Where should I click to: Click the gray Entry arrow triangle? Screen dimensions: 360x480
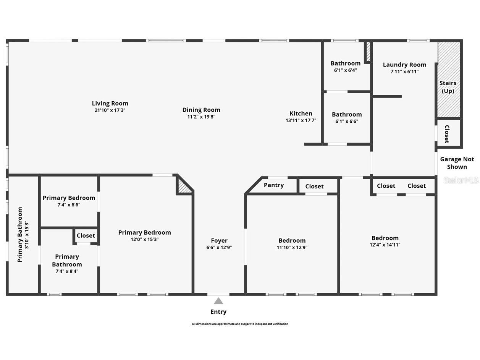pos(218,301)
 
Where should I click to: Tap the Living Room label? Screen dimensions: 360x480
pos(110,103)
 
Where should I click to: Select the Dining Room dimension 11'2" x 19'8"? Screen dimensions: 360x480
pos(201,117)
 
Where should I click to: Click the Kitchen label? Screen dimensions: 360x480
pos(301,114)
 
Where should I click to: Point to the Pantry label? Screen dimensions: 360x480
pos(274,185)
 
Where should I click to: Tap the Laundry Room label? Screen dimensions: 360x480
pos(404,65)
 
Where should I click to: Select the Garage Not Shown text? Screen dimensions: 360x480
pos(457,163)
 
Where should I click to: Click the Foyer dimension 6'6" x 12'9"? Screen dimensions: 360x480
pos(219,247)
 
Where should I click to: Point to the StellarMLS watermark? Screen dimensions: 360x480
pos(461,180)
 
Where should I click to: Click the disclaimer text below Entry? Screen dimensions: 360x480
pos(240,324)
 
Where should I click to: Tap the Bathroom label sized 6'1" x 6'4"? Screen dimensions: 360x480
pos(346,63)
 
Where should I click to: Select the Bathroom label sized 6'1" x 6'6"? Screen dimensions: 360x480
pos(347,115)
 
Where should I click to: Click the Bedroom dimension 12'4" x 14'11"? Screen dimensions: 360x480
pos(385,245)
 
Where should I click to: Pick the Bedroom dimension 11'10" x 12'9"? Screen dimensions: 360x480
pos(292,247)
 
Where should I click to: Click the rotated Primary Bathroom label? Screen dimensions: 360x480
pos(20,235)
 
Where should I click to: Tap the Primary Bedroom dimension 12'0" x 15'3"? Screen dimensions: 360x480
pos(144,240)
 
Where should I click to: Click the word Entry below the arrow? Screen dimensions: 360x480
pos(218,312)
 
